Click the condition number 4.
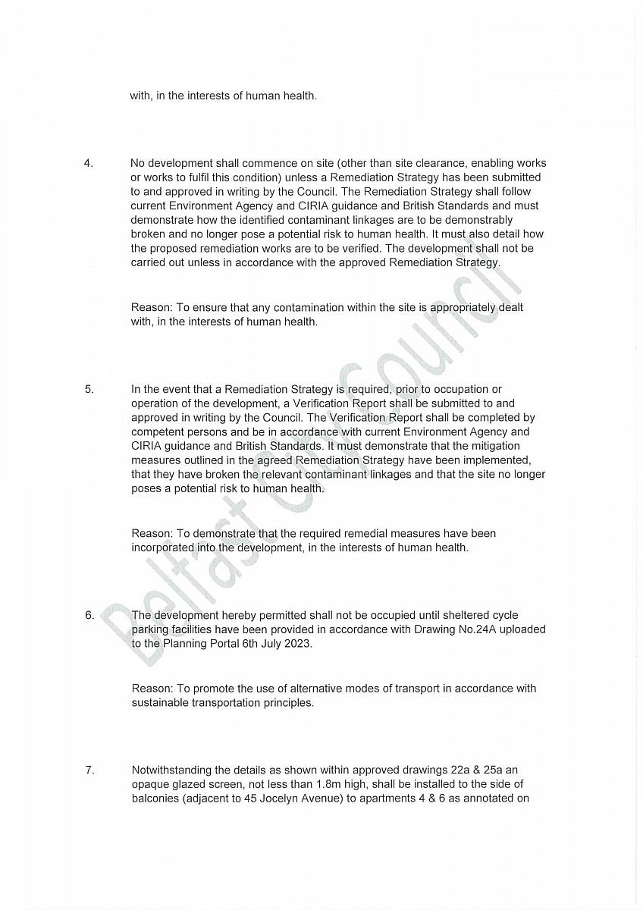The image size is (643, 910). pyautogui.click(x=88, y=163)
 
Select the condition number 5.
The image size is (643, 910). pyautogui.click(x=89, y=389)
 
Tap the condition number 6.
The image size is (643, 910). pyautogui.click(x=89, y=615)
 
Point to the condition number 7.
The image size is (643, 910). pyautogui.click(x=89, y=770)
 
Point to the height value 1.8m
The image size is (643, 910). pyautogui.click(x=309, y=784)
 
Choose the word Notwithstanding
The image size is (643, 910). pyautogui.click(x=169, y=770)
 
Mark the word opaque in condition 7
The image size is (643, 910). pyautogui.click(x=151, y=784)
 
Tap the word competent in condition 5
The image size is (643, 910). pyautogui.click(x=157, y=431)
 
